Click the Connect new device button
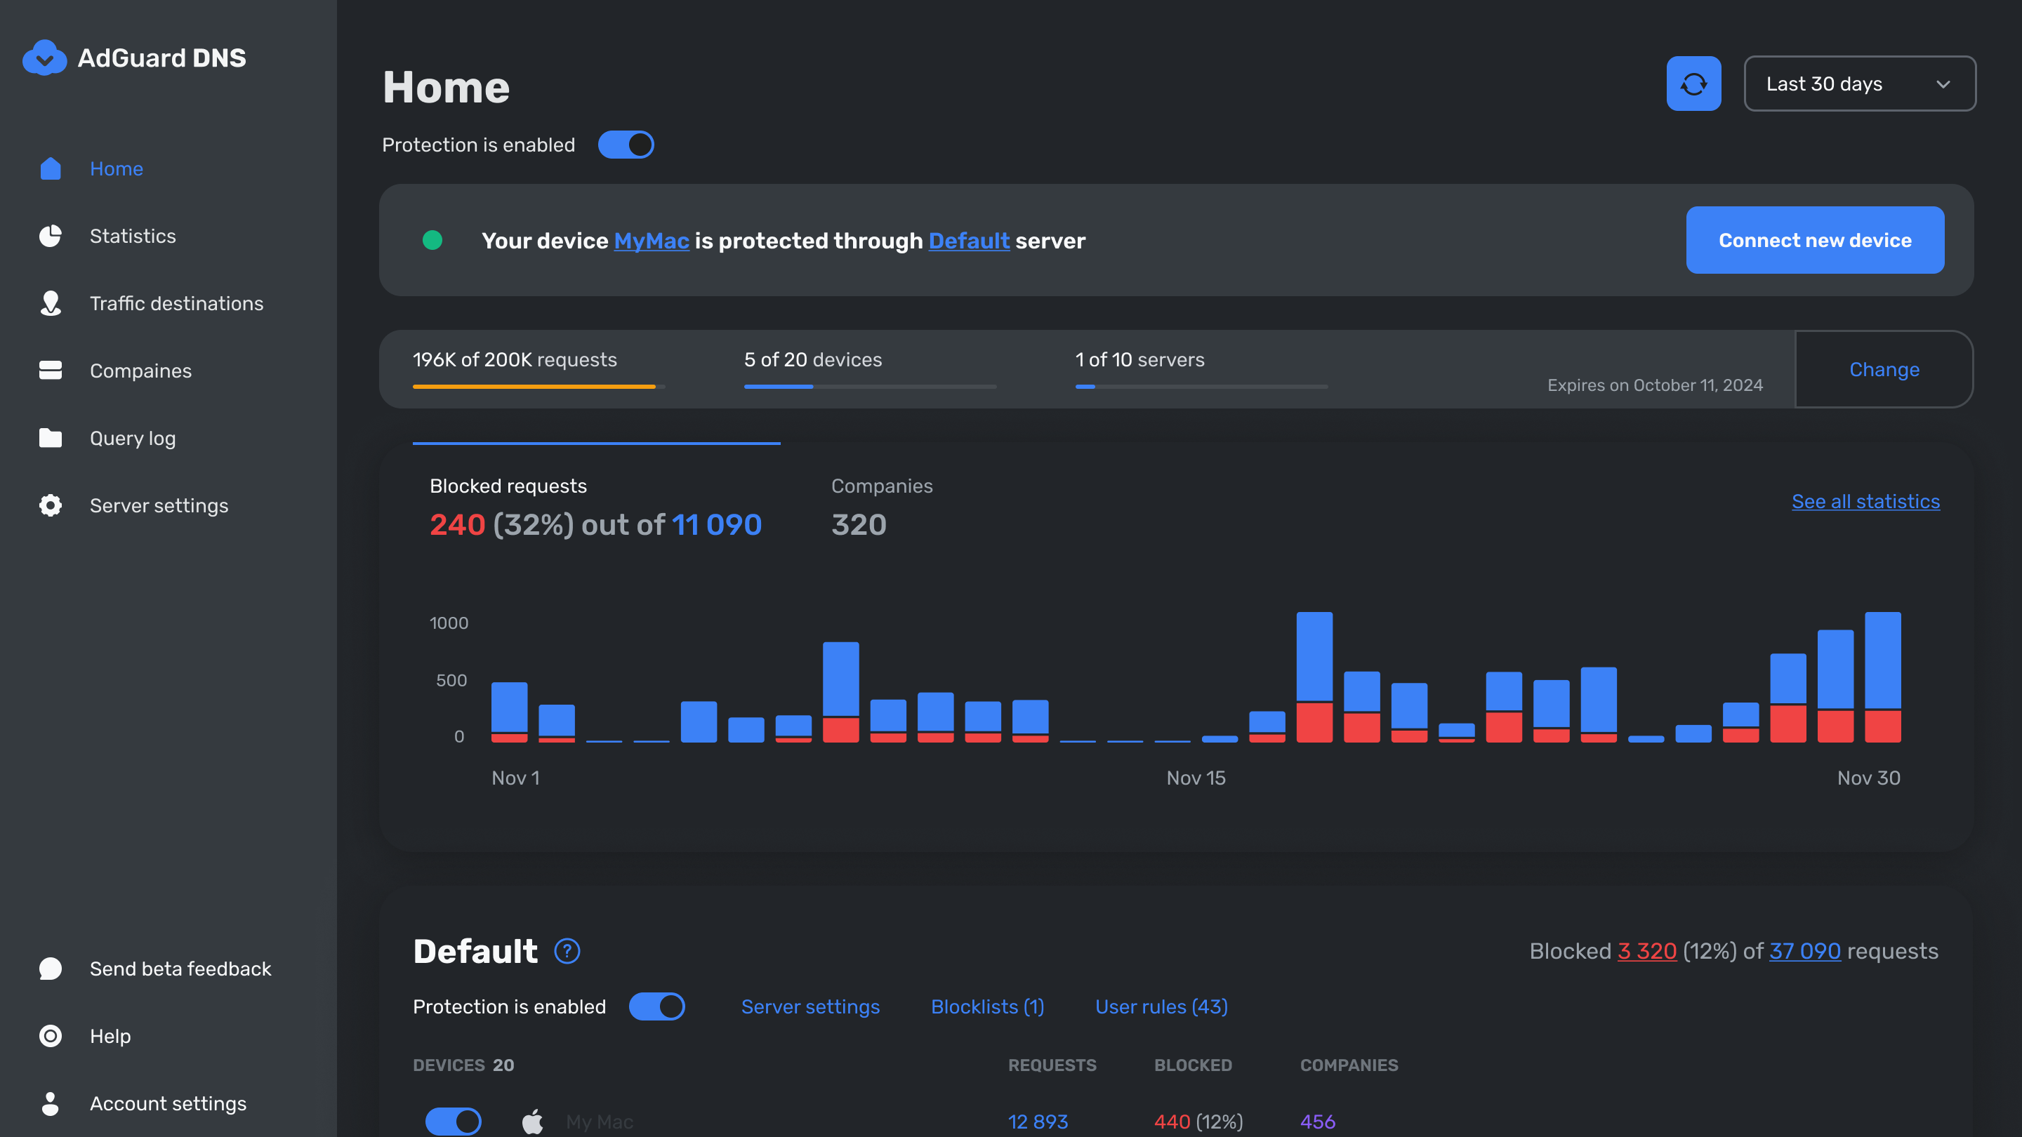(x=1815, y=240)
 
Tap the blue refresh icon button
(x=1694, y=84)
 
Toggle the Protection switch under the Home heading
(x=626, y=145)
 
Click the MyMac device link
(x=652, y=241)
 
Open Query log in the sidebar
(x=133, y=438)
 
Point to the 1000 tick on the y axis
(x=449, y=623)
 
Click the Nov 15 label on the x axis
(x=1196, y=778)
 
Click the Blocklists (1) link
(x=987, y=1006)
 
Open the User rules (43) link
(x=1162, y=1006)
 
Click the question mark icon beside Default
(x=567, y=951)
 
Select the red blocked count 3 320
(x=1647, y=951)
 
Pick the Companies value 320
(x=859, y=524)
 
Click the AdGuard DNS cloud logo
(x=45, y=58)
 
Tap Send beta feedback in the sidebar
(x=180, y=969)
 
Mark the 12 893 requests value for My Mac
(x=1038, y=1122)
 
